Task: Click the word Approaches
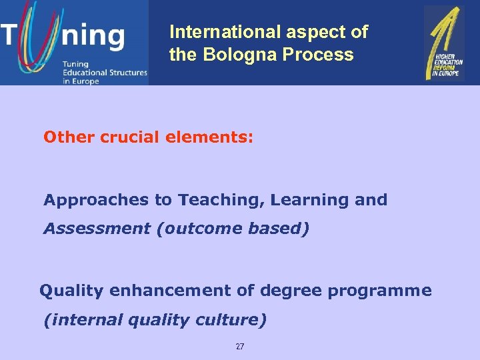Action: point(87,200)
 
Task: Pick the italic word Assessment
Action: point(97,229)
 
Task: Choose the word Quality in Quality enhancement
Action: point(72,291)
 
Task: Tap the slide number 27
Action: point(240,347)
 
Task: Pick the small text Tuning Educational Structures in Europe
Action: point(104,72)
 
